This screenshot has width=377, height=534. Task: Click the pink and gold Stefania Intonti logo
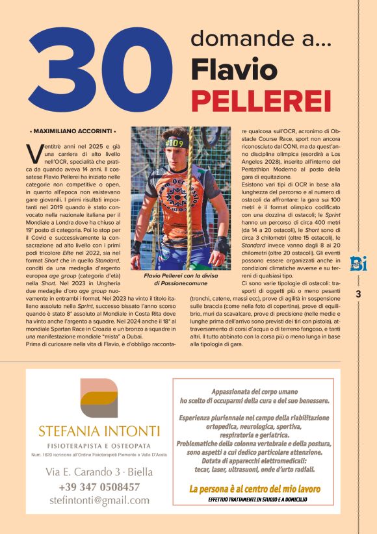pyautogui.click(x=97, y=398)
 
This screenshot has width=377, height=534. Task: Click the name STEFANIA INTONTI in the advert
pyautogui.click(x=98, y=431)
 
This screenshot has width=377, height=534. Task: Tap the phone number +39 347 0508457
pyautogui.click(x=98, y=487)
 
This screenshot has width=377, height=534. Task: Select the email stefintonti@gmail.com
pyautogui.click(x=98, y=501)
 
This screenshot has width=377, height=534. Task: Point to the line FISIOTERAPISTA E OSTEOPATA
pyautogui.click(x=98, y=446)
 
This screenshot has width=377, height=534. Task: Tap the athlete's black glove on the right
pyautogui.click(x=222, y=245)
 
